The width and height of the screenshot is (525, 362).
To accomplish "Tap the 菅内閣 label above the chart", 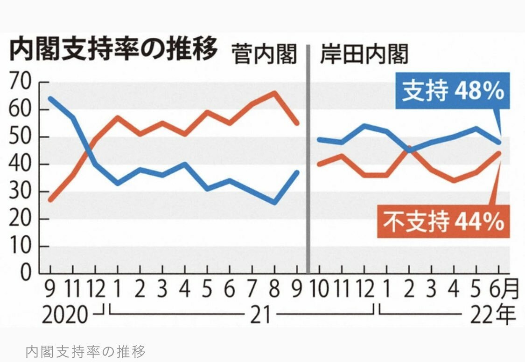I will (x=265, y=55).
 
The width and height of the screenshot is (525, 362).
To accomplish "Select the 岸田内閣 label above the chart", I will (x=364, y=55).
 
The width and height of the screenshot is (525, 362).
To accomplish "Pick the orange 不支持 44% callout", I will (x=443, y=221).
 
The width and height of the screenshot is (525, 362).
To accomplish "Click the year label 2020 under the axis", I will (x=65, y=315).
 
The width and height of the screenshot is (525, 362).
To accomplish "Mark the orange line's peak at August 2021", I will (x=275, y=92).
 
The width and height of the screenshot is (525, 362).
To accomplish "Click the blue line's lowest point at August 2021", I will (x=275, y=203).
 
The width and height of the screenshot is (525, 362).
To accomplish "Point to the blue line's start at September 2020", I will (x=50, y=98).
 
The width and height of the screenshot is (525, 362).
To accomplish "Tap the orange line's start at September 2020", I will (x=50, y=200).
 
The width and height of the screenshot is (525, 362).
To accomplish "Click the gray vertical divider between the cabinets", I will (x=308, y=158).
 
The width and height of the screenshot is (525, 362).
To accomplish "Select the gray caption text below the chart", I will (x=86, y=350).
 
